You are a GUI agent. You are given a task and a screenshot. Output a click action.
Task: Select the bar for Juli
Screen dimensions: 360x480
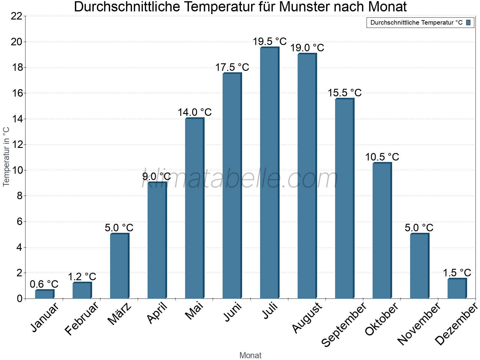(x=269, y=173)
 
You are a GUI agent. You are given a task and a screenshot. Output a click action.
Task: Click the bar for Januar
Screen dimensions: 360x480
(x=44, y=294)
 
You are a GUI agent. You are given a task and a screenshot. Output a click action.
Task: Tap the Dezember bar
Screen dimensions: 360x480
(x=457, y=289)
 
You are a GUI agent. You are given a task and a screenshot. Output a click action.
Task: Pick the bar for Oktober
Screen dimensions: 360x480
(x=382, y=231)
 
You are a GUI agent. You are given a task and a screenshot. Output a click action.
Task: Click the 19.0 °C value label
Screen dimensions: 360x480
(x=307, y=48)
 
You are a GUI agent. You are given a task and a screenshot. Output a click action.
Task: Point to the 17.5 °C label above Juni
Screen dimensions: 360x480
(x=232, y=67)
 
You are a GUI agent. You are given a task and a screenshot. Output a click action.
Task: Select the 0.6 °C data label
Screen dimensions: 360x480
(x=44, y=284)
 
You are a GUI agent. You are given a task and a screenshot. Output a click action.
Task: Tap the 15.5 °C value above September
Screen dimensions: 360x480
(x=345, y=93)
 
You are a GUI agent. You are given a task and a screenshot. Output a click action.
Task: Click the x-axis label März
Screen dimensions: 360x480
(x=120, y=314)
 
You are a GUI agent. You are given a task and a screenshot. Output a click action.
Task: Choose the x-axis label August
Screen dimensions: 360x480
(x=307, y=318)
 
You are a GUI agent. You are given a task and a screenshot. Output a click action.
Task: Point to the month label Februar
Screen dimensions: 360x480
(x=81, y=319)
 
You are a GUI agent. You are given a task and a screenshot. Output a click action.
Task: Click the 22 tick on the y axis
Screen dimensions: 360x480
(x=16, y=16)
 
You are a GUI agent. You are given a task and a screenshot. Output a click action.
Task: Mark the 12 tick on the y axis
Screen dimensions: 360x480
(x=16, y=145)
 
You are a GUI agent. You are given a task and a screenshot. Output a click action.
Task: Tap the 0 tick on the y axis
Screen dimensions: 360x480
(x=19, y=298)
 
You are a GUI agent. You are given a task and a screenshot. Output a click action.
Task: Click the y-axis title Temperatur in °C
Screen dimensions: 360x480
(x=6, y=157)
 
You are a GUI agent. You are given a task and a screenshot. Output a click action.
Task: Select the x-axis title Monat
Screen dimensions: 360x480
(x=250, y=355)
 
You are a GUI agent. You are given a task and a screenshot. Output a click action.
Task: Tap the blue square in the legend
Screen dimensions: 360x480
(x=468, y=22)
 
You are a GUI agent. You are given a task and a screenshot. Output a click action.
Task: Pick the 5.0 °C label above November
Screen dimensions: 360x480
(x=419, y=228)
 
